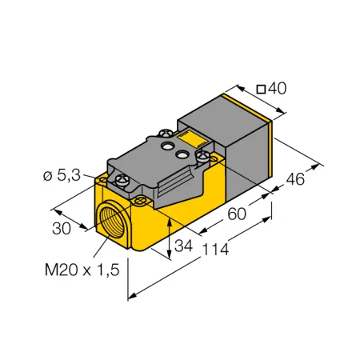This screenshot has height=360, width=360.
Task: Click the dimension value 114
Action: (215, 250)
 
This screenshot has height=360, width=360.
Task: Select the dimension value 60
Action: (237, 214)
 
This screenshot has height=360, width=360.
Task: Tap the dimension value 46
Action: (295, 179)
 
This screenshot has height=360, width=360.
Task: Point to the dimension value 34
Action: (183, 246)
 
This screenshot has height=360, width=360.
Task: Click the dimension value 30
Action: (62, 229)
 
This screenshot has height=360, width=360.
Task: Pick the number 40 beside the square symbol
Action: (277, 88)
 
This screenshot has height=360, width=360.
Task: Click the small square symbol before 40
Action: (261, 90)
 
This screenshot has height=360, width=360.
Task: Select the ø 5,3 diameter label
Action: (62, 175)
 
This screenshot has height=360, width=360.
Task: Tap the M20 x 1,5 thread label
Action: (82, 270)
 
